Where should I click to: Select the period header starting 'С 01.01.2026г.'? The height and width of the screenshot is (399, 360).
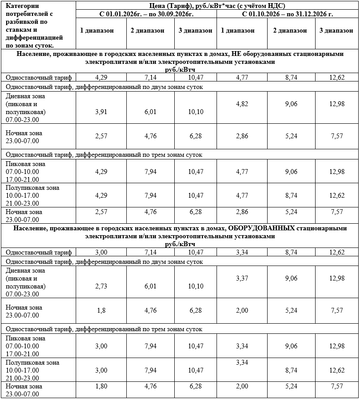(147, 14)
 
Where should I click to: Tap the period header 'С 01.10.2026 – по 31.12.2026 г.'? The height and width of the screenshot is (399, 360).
(287, 14)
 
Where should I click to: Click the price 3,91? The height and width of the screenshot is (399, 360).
(101, 112)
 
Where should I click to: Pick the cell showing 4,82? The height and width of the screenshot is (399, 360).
(242, 104)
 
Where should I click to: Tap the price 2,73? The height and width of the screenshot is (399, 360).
(101, 286)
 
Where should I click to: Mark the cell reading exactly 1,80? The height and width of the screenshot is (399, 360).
(101, 386)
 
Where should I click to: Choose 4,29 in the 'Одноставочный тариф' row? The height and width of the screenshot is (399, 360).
(101, 78)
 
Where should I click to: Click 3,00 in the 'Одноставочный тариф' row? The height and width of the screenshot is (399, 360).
(101, 252)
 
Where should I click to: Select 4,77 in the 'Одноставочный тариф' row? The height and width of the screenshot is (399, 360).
(242, 78)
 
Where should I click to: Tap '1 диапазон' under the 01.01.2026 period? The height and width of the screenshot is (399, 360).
(97, 30)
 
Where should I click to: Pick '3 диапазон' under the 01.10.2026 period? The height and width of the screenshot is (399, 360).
(336, 30)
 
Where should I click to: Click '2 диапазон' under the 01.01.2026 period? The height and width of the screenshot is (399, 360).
(147, 30)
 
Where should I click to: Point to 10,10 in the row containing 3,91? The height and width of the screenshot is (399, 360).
(195, 112)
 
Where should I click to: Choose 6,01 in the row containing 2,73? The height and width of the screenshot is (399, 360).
(150, 286)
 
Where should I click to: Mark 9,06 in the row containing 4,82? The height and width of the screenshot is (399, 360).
(291, 104)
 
